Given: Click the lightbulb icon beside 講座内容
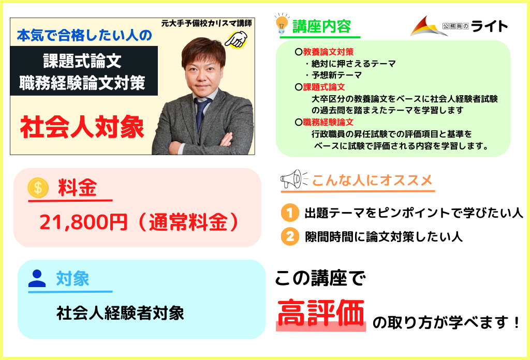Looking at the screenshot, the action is (282, 24).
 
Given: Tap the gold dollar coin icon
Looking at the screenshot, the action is (38, 187).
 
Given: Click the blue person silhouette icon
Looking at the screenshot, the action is (37, 279).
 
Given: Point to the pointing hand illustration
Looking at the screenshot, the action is (236, 39).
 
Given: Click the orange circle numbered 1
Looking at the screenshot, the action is (290, 213).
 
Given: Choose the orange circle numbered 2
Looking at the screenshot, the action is (290, 236).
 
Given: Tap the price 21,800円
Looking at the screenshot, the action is (83, 222).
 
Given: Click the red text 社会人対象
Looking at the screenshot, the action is (82, 127).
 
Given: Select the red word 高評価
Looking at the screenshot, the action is (321, 313).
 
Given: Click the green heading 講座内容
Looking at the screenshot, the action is (322, 26).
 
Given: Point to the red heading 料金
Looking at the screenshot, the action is (78, 187).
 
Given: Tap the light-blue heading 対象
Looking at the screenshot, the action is (72, 279).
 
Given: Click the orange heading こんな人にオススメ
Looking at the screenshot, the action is (372, 180).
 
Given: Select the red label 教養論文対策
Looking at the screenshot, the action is (328, 52).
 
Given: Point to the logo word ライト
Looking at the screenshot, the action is (490, 26).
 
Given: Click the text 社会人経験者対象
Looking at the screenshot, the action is (120, 313).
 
